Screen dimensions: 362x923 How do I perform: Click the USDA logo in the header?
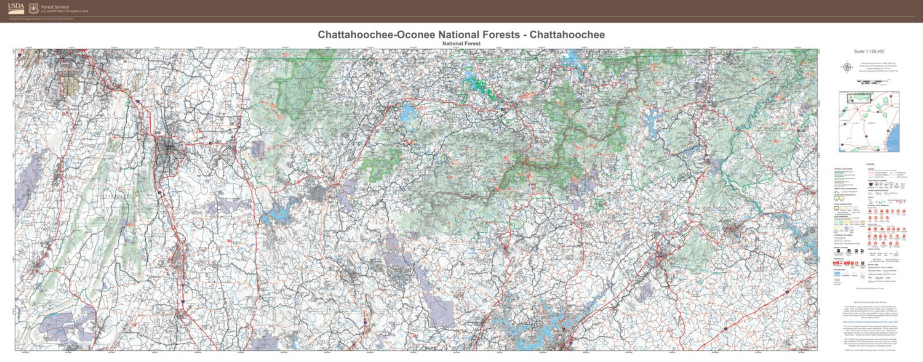tap(16, 8)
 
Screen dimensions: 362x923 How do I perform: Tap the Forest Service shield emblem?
tap(33, 9)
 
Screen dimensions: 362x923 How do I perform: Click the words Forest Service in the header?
tap(55, 7)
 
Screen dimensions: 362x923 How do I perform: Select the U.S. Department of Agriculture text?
tap(65, 12)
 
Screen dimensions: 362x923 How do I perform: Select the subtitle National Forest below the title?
tap(461, 44)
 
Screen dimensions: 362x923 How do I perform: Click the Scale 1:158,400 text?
tap(868, 52)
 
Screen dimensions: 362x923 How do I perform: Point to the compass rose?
tap(847, 67)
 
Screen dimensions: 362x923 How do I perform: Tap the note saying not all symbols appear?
tap(868, 288)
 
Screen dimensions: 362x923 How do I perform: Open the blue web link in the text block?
tap(869, 322)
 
